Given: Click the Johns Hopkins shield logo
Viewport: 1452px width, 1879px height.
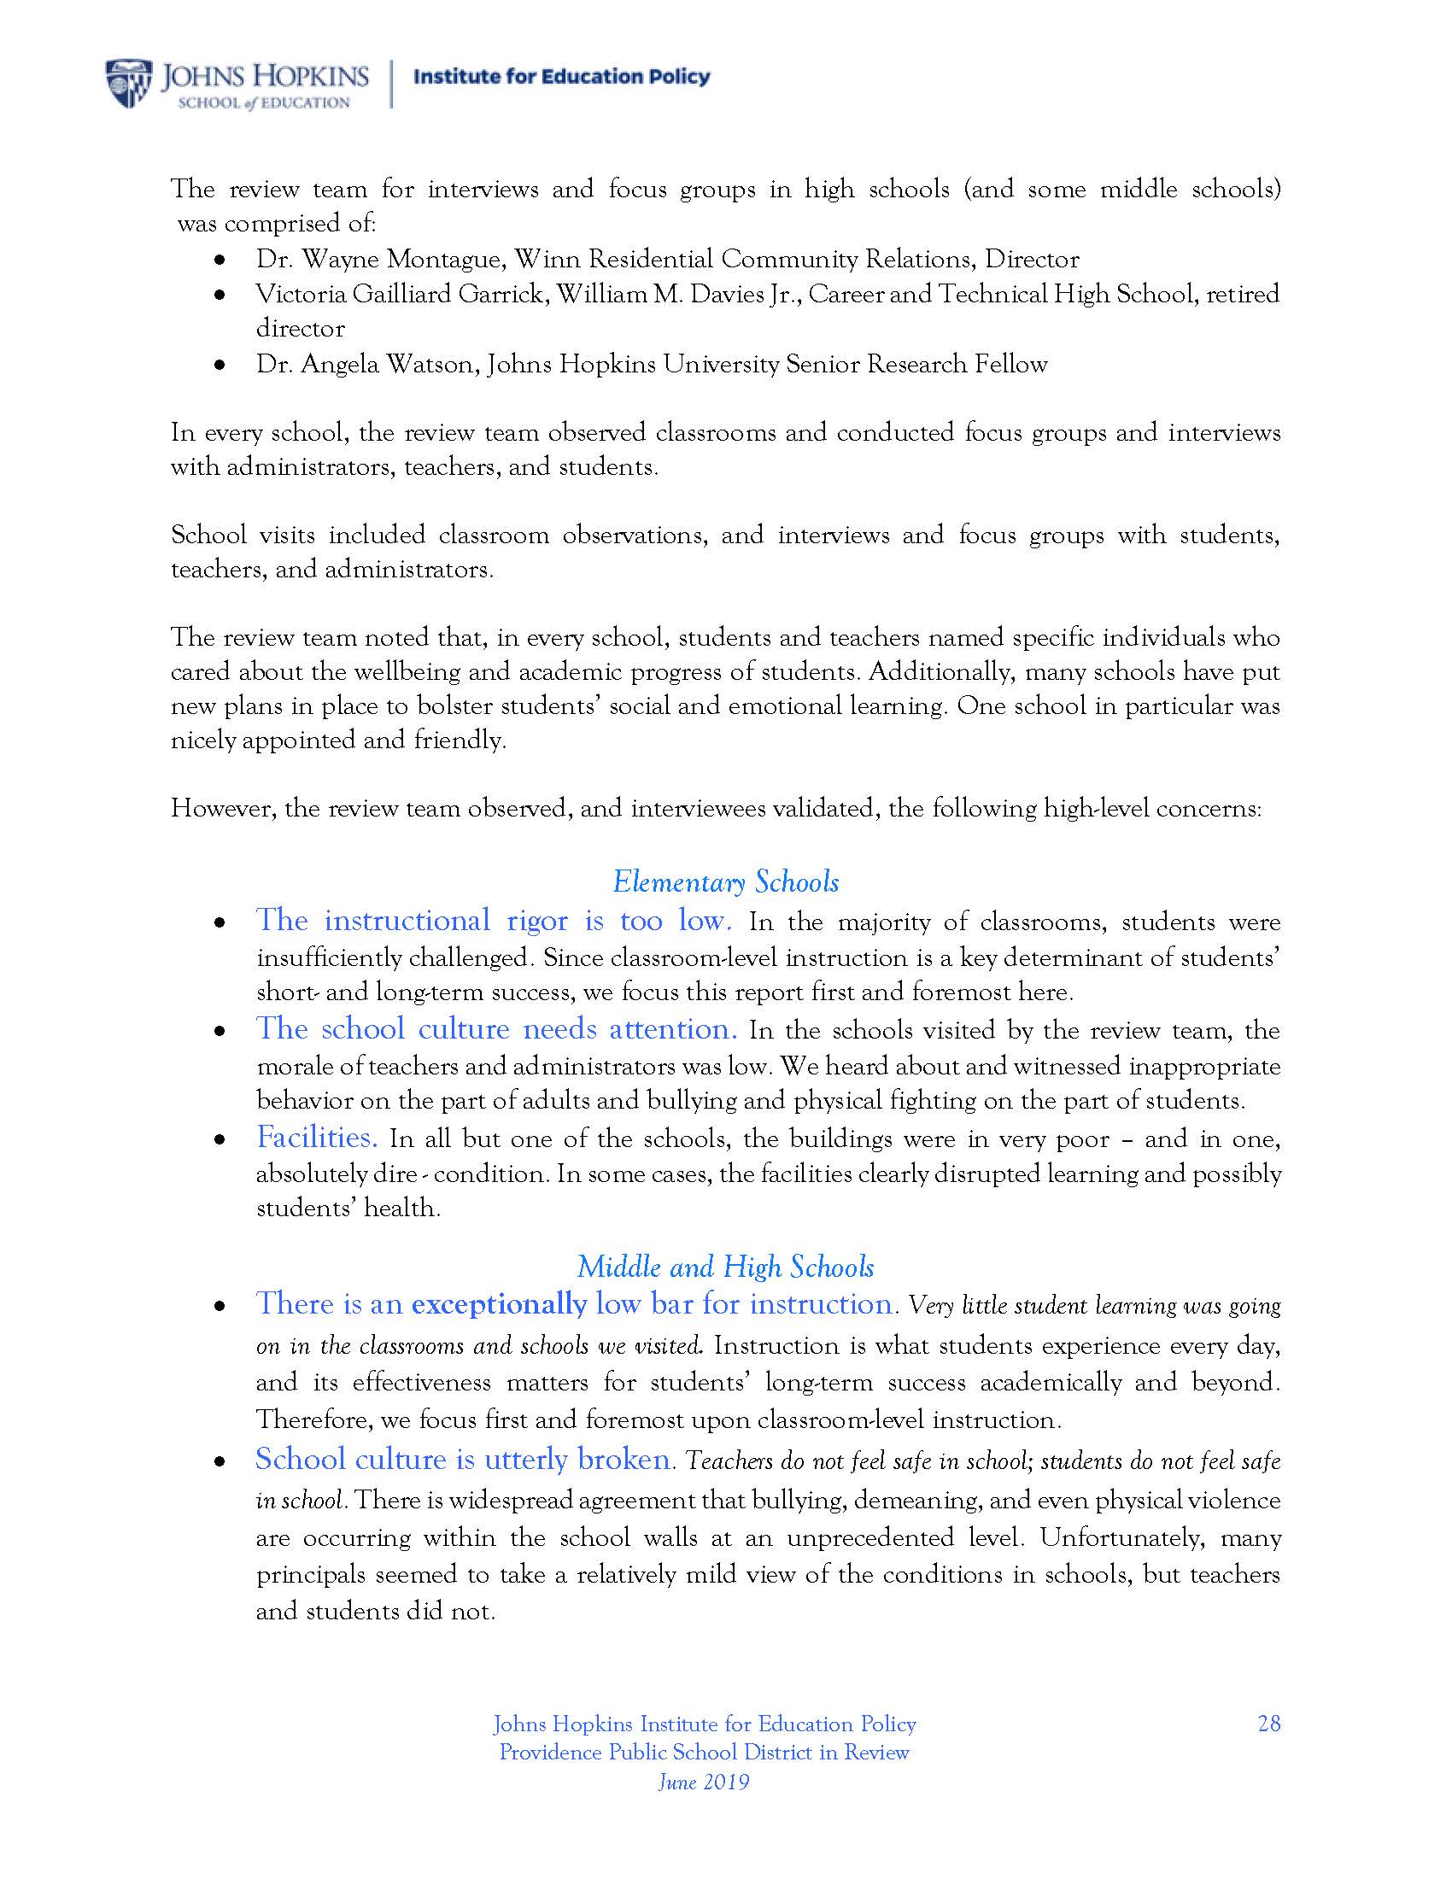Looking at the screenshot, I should pos(130,84).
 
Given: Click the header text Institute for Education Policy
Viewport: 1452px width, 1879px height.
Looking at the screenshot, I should pos(562,77).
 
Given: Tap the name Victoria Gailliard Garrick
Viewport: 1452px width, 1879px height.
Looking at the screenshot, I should pos(400,295).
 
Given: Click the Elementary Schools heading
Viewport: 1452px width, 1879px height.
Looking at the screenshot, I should pos(725,883).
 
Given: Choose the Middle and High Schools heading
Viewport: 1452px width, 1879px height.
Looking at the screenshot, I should pos(725,1267).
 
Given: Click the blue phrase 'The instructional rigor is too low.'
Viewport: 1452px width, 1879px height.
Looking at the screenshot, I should pos(494,922).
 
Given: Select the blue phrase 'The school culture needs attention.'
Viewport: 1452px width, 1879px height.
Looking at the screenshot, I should pos(496,1030).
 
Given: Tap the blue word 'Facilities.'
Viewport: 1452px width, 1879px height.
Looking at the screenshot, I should pos(317,1139).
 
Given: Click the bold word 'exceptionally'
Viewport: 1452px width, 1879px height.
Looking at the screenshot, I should pos(499,1305).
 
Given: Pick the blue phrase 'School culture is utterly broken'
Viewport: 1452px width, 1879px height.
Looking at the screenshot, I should pos(463,1459).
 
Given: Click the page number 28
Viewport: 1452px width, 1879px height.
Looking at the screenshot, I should pos(1268,1724).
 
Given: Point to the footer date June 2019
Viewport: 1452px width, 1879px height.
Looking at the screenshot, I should pos(704,1782).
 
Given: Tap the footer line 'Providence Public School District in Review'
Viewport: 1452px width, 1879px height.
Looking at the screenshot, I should pos(704,1753).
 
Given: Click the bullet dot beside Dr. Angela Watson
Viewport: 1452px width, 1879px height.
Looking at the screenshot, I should pos(221,366).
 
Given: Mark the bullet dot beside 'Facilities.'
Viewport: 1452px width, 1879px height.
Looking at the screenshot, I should pos(221,1139).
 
